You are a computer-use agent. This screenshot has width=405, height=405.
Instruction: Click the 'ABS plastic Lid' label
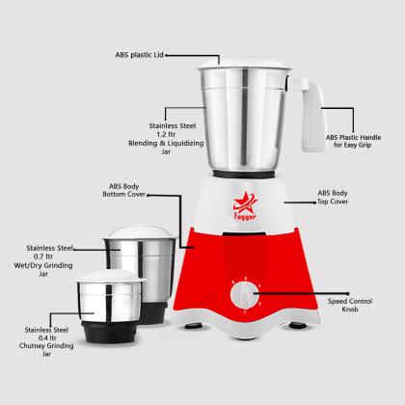[140, 55]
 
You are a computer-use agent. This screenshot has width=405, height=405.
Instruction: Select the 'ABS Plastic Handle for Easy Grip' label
[353, 141]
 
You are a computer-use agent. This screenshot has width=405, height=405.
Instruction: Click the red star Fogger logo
[245, 205]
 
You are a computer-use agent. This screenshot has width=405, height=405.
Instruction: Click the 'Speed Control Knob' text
[350, 305]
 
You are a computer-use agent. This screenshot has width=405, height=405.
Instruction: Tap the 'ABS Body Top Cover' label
[333, 197]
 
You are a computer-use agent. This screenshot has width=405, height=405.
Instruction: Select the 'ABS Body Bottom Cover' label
[123, 190]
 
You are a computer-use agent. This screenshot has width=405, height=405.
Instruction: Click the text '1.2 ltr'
[166, 134]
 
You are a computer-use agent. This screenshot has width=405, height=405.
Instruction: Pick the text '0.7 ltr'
[43, 256]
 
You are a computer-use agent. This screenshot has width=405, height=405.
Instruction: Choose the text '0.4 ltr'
[47, 337]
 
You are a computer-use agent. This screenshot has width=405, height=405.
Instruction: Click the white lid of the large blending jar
[244, 63]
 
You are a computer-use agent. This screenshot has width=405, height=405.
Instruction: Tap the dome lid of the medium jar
[140, 232]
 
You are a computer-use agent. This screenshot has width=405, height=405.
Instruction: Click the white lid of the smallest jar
[111, 276]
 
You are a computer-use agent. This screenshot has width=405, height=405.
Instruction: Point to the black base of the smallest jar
[110, 331]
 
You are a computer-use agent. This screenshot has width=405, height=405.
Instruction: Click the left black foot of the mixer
[193, 326]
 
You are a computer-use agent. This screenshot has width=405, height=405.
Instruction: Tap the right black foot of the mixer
[298, 325]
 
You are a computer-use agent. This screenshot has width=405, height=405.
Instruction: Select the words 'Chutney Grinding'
[46, 346]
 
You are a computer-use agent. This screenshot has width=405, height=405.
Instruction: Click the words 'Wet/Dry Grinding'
[43, 265]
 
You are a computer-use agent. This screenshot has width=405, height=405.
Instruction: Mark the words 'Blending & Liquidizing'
[166, 143]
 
